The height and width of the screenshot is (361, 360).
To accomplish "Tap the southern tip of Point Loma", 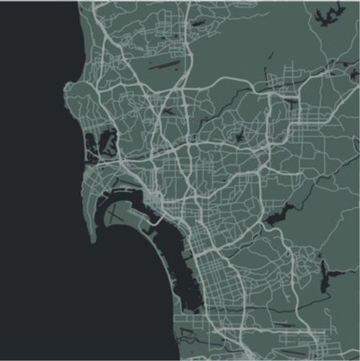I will [x=94, y=241].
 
